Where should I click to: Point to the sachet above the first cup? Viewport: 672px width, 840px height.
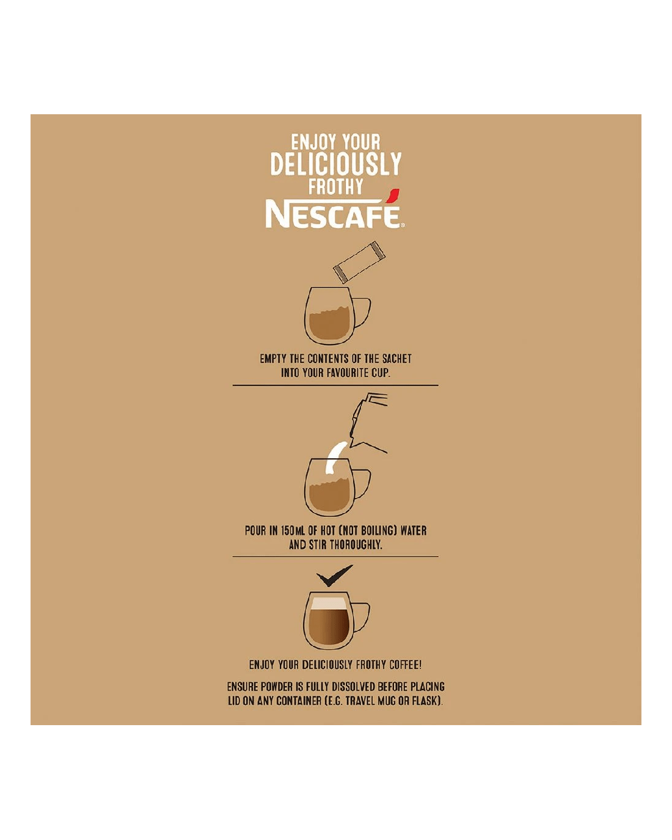point(359,261)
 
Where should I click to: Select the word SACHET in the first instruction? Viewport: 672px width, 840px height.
point(396,359)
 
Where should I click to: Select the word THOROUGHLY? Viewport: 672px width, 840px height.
point(356,545)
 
